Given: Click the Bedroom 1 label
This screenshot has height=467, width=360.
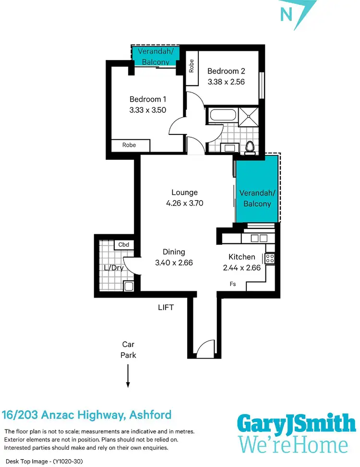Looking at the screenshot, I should pyautogui.click(x=148, y=99).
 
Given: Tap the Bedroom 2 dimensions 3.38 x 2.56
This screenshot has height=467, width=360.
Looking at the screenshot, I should pyautogui.click(x=226, y=82).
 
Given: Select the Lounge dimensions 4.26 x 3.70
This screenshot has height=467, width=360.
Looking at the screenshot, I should pyautogui.click(x=184, y=203).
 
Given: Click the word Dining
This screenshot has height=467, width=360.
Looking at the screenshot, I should pyautogui.click(x=173, y=252).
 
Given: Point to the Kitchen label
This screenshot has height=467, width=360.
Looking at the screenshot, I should pyautogui.click(x=241, y=257).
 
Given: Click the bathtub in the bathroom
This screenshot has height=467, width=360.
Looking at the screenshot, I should pyautogui.click(x=222, y=116).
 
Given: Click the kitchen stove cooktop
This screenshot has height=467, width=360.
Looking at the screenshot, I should pyautogui.click(x=270, y=258).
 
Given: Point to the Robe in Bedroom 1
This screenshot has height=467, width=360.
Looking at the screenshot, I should pyautogui.click(x=129, y=145).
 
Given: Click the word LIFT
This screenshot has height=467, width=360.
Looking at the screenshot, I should pyautogui.click(x=166, y=307).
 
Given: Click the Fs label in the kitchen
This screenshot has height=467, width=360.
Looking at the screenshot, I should pyautogui.click(x=233, y=284).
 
